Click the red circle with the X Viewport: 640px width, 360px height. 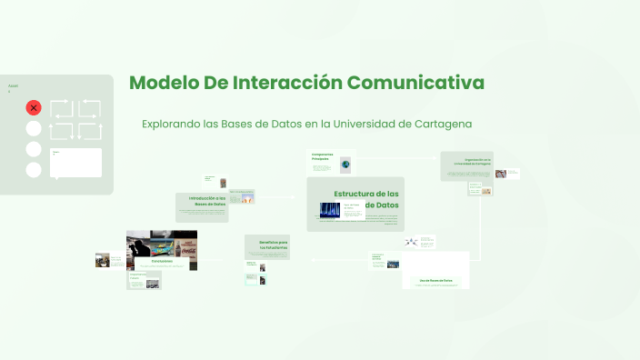pos(34,107)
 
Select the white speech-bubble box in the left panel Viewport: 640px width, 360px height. pos(76,162)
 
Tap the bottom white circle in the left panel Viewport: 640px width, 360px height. pos(34,170)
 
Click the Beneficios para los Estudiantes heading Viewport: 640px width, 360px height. pos(273,245)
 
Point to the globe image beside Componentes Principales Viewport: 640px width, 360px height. pos(345,165)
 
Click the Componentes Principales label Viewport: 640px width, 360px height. pos(323,156)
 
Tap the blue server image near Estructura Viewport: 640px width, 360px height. pos(329,210)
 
